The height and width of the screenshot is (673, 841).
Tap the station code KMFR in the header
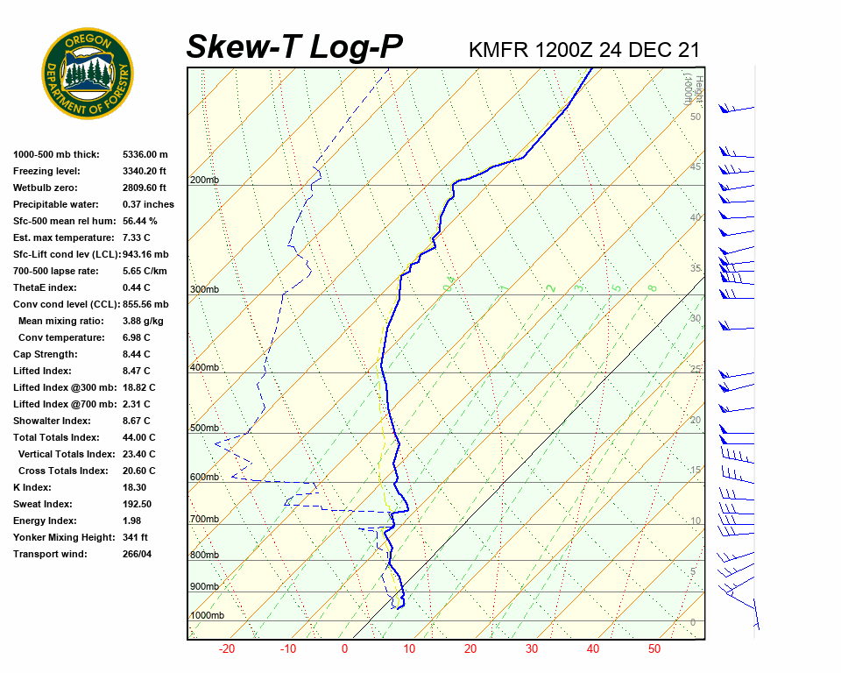(498, 49)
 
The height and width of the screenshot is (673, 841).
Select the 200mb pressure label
(204, 181)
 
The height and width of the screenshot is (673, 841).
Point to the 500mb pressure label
(204, 429)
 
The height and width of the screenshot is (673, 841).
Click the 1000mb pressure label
(207, 616)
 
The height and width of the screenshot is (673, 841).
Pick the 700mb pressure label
(204, 520)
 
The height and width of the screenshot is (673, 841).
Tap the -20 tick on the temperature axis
(227, 649)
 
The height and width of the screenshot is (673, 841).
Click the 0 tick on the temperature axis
(344, 649)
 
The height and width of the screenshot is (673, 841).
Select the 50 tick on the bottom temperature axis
(654, 649)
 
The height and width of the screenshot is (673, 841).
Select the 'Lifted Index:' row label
(44, 371)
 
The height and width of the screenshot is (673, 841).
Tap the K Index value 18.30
(135, 487)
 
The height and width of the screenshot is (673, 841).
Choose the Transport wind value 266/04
(138, 554)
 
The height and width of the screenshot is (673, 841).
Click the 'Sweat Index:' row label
(43, 504)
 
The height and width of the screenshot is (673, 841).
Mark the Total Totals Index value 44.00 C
(139, 437)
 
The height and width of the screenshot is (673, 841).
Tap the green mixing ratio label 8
(653, 287)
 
